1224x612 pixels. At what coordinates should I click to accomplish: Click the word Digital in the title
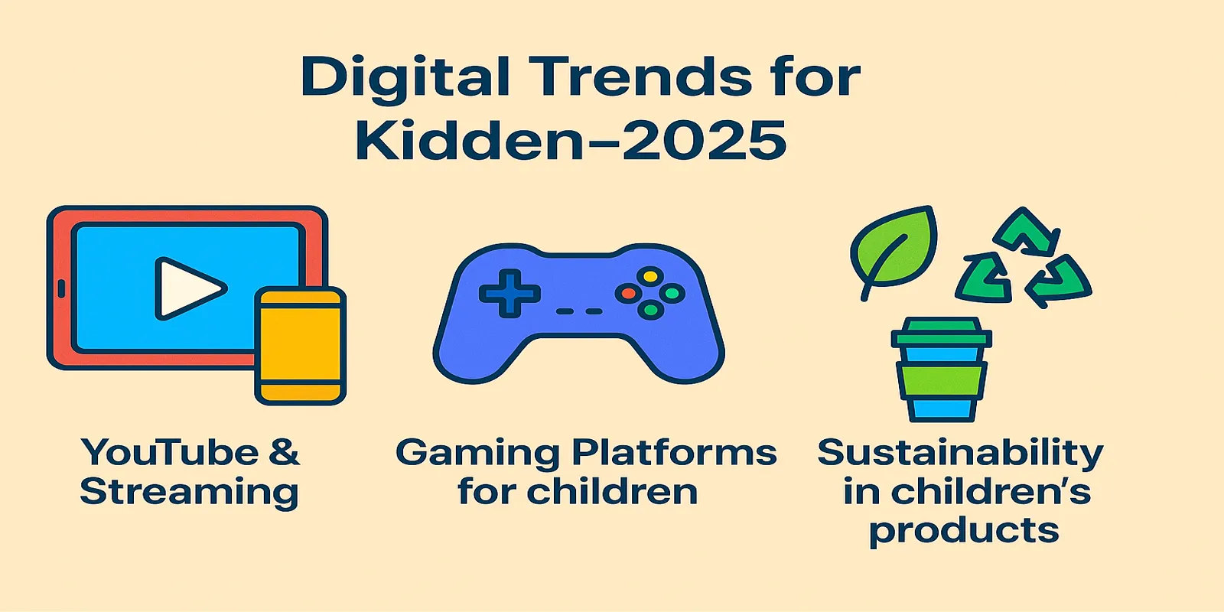[405, 78]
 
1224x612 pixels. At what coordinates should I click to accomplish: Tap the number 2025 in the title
[705, 141]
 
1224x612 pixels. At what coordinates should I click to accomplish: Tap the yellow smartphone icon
[301, 346]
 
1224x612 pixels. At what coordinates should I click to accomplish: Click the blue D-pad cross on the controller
[509, 294]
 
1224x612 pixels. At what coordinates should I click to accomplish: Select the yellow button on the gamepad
[650, 276]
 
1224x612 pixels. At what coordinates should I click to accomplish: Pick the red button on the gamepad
[628, 294]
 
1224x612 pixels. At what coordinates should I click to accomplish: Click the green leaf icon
[893, 252]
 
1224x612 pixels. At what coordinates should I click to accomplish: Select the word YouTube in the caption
[170, 452]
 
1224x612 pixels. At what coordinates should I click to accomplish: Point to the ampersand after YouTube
[284, 452]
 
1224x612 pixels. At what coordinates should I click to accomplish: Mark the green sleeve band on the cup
[942, 381]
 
